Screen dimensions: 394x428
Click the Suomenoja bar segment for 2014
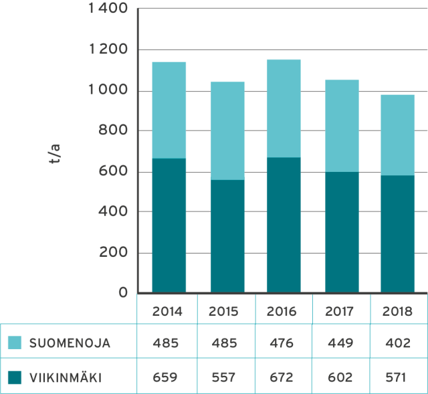pyautogui.click(x=169, y=110)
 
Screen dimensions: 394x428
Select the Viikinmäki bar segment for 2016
pyautogui.click(x=284, y=225)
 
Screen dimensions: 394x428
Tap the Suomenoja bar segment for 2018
pyautogui.click(x=397, y=134)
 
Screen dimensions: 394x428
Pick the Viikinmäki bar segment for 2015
pyautogui.click(x=227, y=236)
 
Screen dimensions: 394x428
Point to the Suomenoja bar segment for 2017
pyautogui.click(x=342, y=125)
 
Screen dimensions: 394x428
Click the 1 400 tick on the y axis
pyautogui.click(x=108, y=9)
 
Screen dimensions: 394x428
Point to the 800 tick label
pyautogui.click(x=113, y=131)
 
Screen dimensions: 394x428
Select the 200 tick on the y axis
pyautogui.click(x=113, y=253)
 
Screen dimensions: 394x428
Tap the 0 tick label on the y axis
pyautogui.click(x=124, y=293)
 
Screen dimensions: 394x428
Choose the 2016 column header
pyautogui.click(x=284, y=311)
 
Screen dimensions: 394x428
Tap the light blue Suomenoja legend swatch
pyautogui.click(x=15, y=343)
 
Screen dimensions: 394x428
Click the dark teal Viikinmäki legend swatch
pyautogui.click(x=15, y=378)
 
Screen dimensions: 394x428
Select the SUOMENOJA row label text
pyautogui.click(x=70, y=344)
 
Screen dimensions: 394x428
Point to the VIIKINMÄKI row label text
pyautogui.click(x=66, y=378)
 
